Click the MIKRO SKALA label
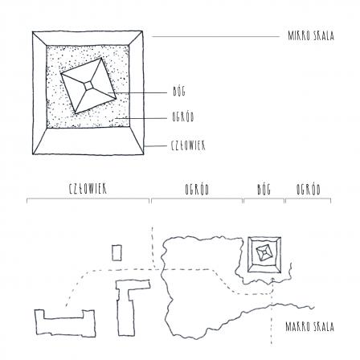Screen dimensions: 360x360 tap(311, 36)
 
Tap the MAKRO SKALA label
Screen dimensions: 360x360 tap(309, 327)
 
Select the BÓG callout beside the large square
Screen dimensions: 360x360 tap(179, 92)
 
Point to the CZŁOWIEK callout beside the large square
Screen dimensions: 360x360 tap(188, 145)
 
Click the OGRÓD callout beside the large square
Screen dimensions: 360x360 tap(183, 117)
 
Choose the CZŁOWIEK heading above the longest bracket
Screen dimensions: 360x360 tap(88, 189)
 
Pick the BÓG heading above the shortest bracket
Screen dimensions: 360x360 tap(264, 190)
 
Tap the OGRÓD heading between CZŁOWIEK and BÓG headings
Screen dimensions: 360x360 tap(197, 190)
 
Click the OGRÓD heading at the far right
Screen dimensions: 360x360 tap(309, 190)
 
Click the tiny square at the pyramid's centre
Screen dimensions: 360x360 tap(88, 86)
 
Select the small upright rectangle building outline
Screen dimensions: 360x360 tap(117, 252)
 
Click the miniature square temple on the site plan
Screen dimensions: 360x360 tap(264, 254)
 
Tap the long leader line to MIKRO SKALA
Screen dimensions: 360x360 tap(216, 36)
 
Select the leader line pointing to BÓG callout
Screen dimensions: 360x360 tap(137, 93)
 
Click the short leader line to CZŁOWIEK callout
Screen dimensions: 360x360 tap(155, 146)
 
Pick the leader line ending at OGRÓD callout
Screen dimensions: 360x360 tap(141, 118)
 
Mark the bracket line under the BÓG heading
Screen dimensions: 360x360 tap(264, 199)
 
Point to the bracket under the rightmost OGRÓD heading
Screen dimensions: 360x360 tap(309, 199)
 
